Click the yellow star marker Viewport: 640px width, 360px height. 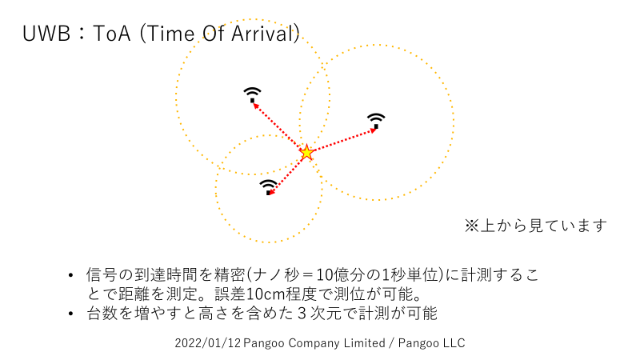[306, 153]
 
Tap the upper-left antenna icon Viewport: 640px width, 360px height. [252, 94]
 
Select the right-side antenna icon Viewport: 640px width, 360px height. [376, 122]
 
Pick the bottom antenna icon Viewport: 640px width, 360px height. [269, 187]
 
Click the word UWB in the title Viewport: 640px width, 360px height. [46, 34]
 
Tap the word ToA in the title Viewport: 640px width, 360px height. [111, 34]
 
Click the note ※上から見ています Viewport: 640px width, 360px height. [535, 226]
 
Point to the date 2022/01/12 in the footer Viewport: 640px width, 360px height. [208, 343]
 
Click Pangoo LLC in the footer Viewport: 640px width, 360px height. [431, 343]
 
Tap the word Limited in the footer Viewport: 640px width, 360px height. [364, 343]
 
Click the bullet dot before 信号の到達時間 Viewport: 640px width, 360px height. [70, 275]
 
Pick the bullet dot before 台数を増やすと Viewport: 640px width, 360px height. [70, 314]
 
